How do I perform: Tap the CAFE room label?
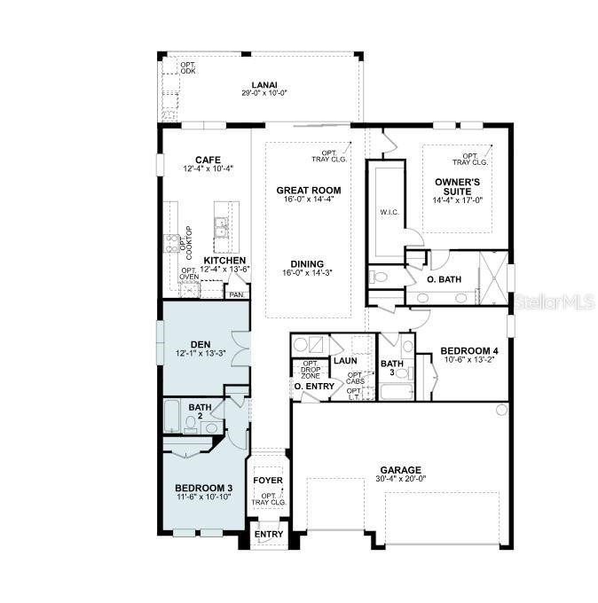[x=208, y=160]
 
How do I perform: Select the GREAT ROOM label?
[x=308, y=191]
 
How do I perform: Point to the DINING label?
[x=306, y=264]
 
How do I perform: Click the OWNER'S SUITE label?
[x=458, y=185]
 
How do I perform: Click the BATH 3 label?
[x=391, y=368]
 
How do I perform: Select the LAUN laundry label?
[x=344, y=361]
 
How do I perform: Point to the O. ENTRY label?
[x=314, y=387]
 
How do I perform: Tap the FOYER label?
[x=268, y=481]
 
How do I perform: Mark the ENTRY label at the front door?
[x=269, y=534]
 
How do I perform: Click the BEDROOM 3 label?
[x=203, y=489]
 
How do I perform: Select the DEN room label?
[x=200, y=345]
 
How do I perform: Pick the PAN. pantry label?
[x=236, y=294]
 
